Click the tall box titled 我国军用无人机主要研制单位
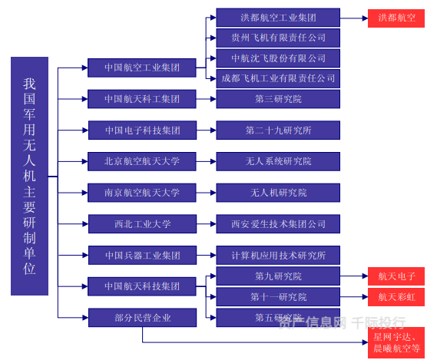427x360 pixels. click(x=29, y=176)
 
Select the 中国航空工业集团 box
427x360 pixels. click(x=142, y=68)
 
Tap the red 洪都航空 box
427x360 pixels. click(x=396, y=18)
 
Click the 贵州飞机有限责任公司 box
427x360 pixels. click(x=278, y=38)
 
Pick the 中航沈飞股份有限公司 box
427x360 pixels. click(x=278, y=58)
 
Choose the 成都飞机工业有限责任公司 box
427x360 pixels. click(x=278, y=78)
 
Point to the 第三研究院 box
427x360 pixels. click(x=278, y=99)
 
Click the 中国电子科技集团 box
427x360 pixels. click(x=142, y=130)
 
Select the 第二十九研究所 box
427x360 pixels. click(x=278, y=130)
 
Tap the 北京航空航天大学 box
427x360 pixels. click(x=142, y=162)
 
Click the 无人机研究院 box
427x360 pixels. click(x=278, y=193)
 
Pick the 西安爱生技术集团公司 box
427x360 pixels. click(x=278, y=224)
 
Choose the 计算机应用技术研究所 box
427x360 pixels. click(x=278, y=256)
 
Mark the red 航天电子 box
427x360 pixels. click(x=396, y=276)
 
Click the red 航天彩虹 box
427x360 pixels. click(x=396, y=297)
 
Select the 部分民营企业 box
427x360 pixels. click(x=142, y=318)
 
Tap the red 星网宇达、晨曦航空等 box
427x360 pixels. click(x=396, y=342)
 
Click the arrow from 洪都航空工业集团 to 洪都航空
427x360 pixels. click(x=354, y=18)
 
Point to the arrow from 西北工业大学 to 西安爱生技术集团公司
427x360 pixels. click(x=206, y=224)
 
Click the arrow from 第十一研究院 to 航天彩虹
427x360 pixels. click(x=354, y=297)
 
